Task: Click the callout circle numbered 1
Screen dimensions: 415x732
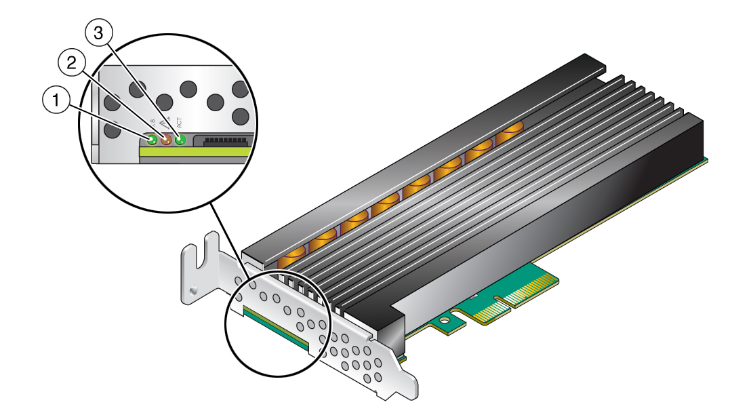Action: tap(56, 101)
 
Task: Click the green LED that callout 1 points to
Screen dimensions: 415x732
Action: tap(152, 140)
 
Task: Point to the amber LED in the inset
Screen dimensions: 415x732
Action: tap(166, 140)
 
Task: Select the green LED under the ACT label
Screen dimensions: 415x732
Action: tap(180, 140)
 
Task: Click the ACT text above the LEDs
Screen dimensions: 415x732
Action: tap(180, 123)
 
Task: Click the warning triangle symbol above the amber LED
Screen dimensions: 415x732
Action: tap(166, 126)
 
